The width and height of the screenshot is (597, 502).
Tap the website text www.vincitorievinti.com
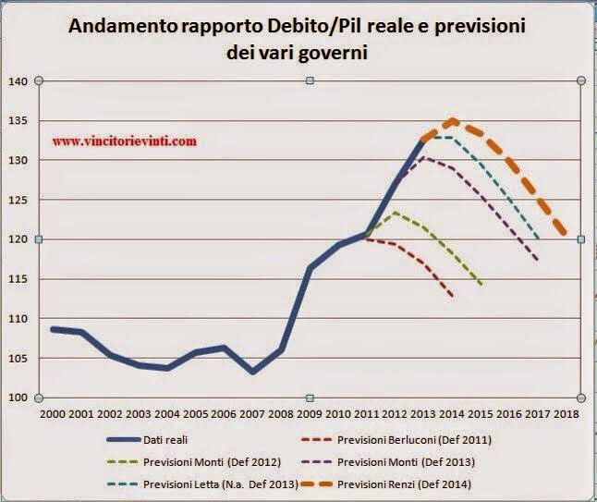tap(125, 142)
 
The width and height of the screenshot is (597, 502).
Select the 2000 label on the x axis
tap(55, 413)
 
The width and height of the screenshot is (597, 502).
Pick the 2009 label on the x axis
tap(311, 413)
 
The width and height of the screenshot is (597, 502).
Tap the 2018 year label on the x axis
tap(566, 413)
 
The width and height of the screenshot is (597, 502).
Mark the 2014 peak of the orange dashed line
tap(453, 120)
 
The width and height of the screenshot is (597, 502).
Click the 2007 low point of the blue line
tap(254, 372)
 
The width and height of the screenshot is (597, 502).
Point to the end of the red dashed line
tap(453, 297)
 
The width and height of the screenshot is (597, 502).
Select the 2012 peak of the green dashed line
tap(396, 213)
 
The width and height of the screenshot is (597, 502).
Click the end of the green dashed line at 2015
tap(481, 284)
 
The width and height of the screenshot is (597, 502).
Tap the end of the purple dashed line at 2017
tap(538, 260)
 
